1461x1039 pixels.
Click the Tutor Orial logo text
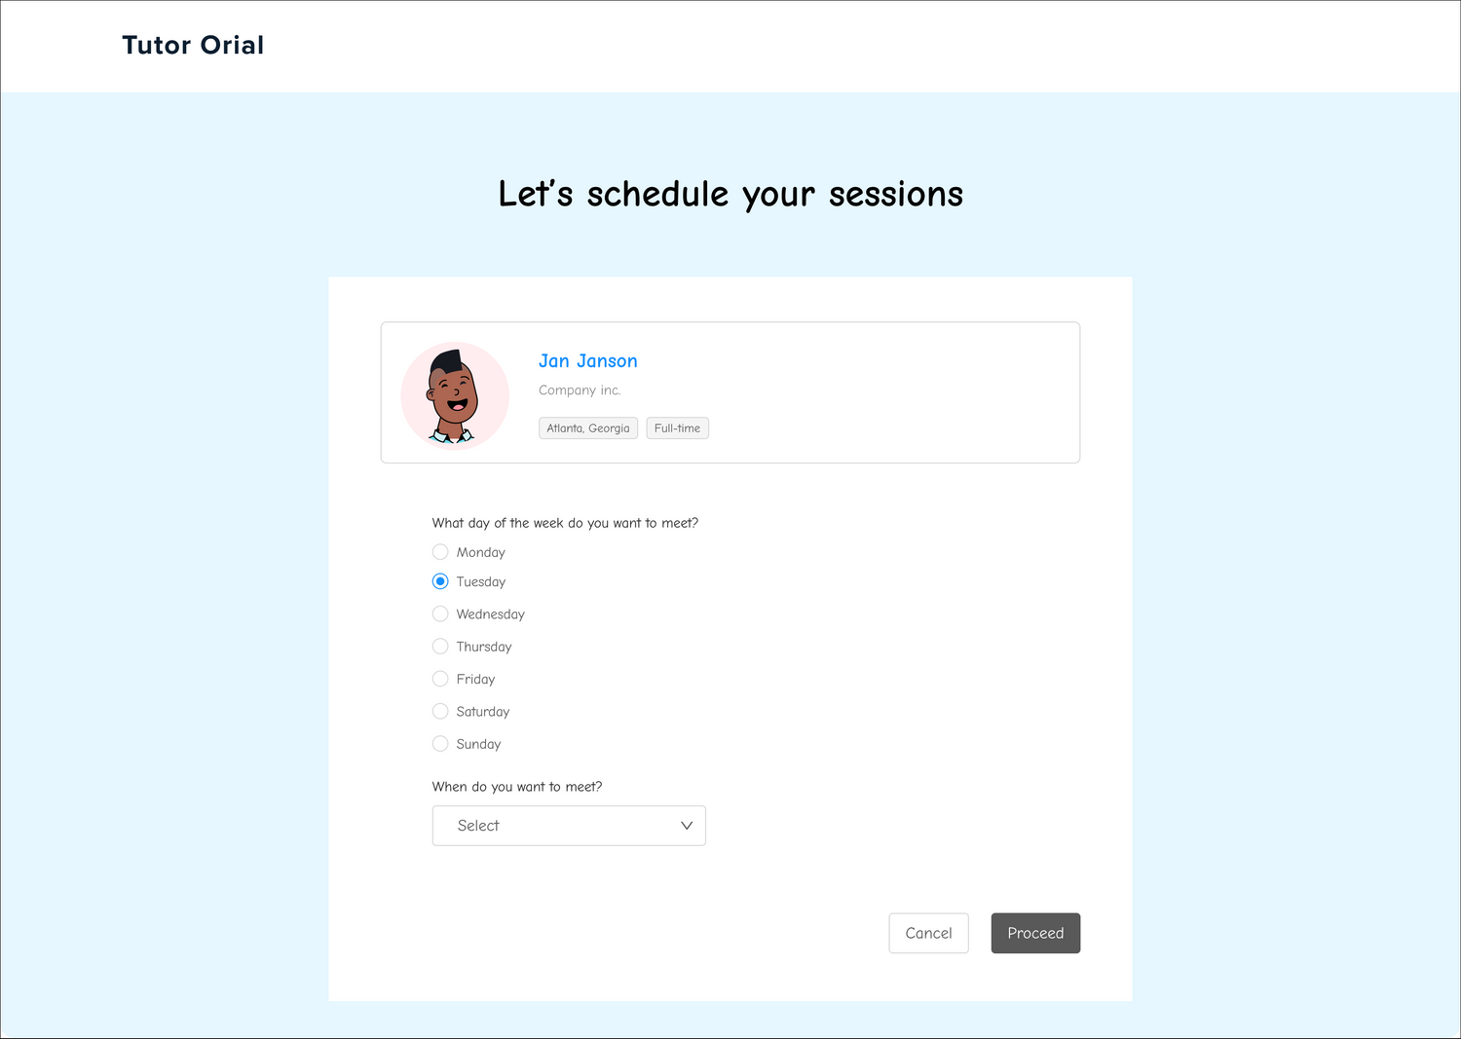(x=193, y=45)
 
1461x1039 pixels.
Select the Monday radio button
(x=440, y=552)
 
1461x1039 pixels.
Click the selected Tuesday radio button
(x=440, y=581)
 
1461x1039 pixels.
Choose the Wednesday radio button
(x=440, y=613)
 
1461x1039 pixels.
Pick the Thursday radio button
(x=440, y=647)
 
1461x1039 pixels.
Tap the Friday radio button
(x=440, y=679)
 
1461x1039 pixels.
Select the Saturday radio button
(x=440, y=711)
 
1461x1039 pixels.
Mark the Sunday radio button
(x=440, y=744)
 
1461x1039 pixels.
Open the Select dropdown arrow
(x=686, y=826)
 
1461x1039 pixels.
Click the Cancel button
(x=928, y=933)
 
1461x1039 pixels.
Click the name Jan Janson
(x=587, y=360)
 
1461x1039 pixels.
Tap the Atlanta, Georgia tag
(x=587, y=427)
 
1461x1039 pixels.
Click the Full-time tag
(x=677, y=427)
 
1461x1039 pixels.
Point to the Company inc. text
(x=580, y=390)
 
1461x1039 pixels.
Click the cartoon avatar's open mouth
(x=457, y=405)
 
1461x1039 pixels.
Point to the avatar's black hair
(x=447, y=360)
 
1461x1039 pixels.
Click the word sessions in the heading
(x=895, y=195)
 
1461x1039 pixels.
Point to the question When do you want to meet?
(x=516, y=787)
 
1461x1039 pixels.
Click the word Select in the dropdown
(x=478, y=826)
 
